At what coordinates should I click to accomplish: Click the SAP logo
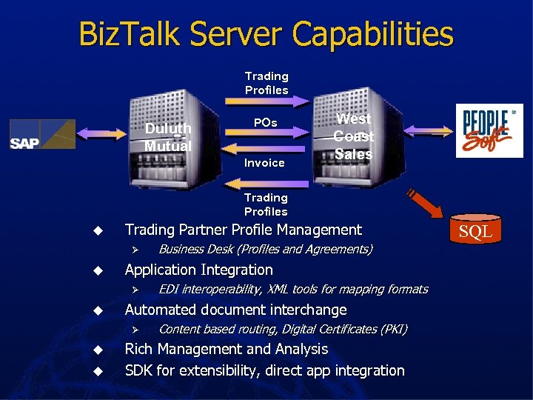pos(42,134)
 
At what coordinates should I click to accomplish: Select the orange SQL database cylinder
pos(475,232)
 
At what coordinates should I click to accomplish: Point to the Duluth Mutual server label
pos(168,137)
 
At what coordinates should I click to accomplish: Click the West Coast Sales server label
pos(353,136)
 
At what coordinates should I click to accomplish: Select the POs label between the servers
pos(265,122)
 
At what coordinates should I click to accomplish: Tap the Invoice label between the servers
pos(264,162)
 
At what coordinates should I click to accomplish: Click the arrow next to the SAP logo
pos(103,134)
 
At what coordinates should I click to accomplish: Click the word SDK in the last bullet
pos(140,370)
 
